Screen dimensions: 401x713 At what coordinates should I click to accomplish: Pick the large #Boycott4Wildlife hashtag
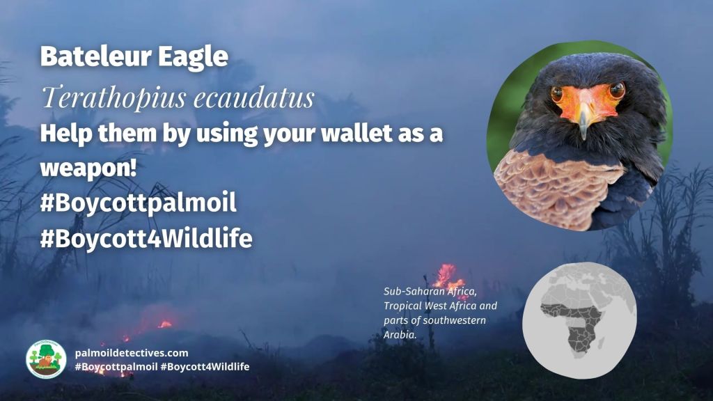tap(146, 239)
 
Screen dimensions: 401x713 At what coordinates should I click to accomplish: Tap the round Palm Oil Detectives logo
tap(46, 359)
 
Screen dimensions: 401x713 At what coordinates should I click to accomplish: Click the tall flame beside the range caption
tap(445, 274)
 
